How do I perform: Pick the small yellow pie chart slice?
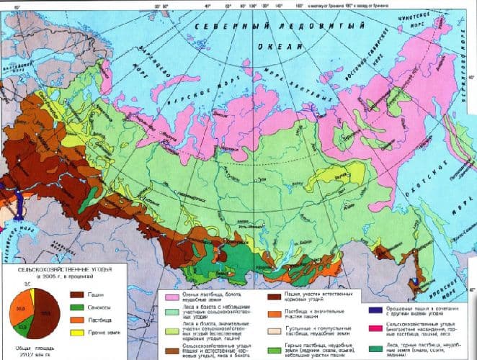tap(32, 296)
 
